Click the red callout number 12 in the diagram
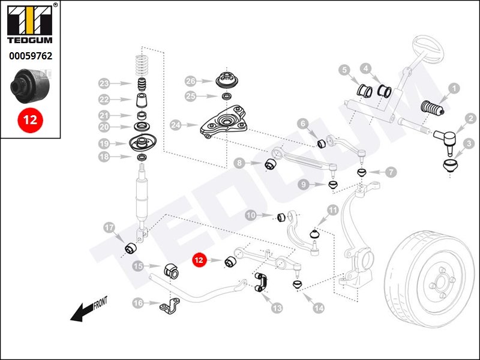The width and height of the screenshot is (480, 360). click(x=199, y=260)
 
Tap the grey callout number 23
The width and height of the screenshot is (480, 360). click(x=104, y=83)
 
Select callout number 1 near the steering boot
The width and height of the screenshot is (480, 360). click(x=454, y=88)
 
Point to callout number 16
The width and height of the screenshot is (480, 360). click(x=138, y=304)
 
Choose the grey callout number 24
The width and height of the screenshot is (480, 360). click(x=175, y=126)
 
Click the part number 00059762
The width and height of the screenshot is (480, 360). click(x=30, y=56)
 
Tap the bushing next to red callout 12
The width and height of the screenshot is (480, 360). click(x=230, y=262)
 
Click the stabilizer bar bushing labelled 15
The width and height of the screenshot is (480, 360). click(x=172, y=271)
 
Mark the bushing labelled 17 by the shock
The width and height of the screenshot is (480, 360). click(x=131, y=247)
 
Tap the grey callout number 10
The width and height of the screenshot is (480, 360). click(x=251, y=215)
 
